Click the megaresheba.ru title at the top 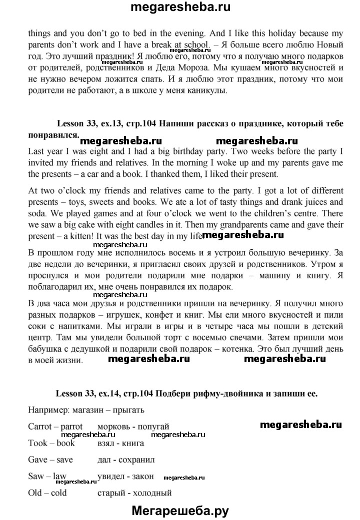pyautogui.click(x=180, y=8)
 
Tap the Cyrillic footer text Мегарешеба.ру pyautogui.click(x=180, y=510)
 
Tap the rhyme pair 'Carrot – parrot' pyautogui.click(x=55, y=426)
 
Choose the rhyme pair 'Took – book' pyautogui.click(x=51, y=443)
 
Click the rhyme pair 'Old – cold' pyautogui.click(x=48, y=493)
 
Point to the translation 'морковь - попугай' pyautogui.click(x=133, y=426)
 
